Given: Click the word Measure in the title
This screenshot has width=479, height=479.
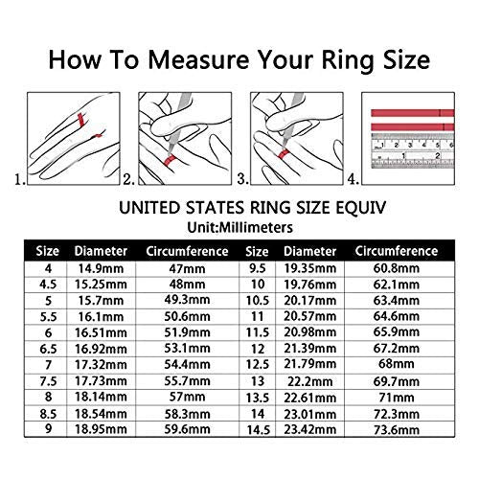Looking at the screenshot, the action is [199, 60].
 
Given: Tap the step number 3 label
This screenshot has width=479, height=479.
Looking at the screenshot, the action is [242, 179].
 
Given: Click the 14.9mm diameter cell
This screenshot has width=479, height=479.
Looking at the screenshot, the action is [101, 268].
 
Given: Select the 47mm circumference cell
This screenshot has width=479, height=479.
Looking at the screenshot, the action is [187, 268].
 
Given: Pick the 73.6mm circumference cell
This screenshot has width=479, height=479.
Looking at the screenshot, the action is [396, 430].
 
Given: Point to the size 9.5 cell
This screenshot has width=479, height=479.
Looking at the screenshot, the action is [258, 268].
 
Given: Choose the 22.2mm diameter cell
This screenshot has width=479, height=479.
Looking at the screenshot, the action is [309, 381].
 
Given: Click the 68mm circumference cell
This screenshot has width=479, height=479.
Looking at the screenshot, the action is [396, 364].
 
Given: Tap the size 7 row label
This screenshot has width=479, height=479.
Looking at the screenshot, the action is [48, 365].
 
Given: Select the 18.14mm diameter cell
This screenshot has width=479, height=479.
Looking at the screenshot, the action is [101, 397].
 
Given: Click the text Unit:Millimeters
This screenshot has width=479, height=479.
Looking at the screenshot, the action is [239, 228].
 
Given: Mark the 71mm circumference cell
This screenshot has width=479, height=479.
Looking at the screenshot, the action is [396, 398].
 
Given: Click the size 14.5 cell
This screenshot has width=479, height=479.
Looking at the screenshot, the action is [258, 430].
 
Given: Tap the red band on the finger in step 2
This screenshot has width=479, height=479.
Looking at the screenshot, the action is [171, 159].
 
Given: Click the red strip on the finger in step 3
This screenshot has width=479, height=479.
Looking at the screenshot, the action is [283, 154].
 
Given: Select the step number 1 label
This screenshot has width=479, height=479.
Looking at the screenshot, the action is [20, 179].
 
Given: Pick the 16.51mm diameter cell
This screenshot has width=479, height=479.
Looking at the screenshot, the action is [101, 333].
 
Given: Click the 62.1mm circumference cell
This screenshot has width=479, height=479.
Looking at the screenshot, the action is [396, 285].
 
